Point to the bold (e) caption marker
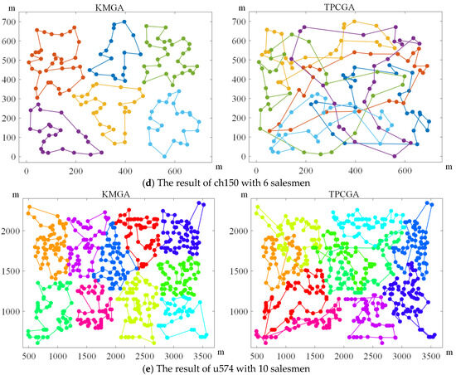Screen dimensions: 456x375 point(148,368)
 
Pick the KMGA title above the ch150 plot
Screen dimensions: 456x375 point(109,7)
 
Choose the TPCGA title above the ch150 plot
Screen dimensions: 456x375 point(339,7)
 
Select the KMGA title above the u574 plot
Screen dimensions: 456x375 point(116,194)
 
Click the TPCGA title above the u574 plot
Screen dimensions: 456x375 point(344,194)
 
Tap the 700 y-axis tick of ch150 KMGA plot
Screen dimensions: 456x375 point(10,22)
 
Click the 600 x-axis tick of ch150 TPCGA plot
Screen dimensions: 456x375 point(405,171)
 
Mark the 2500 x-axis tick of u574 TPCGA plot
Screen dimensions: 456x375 point(372,357)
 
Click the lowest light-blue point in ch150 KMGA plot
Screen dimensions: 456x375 point(164,157)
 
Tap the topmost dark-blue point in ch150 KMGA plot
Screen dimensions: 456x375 point(124,22)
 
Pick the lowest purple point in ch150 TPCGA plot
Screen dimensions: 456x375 point(395,156)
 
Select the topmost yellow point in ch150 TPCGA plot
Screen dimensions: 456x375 point(354,22)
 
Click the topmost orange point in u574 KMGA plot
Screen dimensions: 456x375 point(29,207)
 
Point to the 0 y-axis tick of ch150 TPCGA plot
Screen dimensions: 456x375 point(243,157)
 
